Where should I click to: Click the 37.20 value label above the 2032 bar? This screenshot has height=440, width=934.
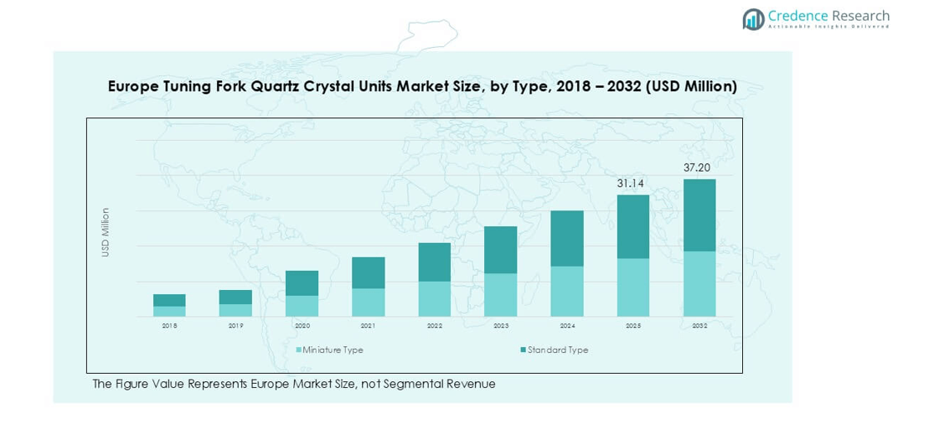pos(699,168)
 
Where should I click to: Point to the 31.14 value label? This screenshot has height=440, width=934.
pos(633,184)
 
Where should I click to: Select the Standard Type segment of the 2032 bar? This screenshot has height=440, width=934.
pos(699,215)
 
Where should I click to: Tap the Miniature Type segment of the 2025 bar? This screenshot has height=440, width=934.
pos(633,287)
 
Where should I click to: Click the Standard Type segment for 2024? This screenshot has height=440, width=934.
pos(567,238)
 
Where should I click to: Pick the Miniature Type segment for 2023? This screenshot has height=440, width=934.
pos(501,294)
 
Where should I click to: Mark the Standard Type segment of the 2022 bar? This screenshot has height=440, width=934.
pos(435,261)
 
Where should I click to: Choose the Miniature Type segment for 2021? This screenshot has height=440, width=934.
pos(369,302)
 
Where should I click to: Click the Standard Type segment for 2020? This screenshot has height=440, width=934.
pos(302,282)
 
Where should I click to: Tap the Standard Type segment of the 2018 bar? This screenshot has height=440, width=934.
pos(169,300)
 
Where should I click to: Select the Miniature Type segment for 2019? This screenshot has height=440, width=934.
pos(235,310)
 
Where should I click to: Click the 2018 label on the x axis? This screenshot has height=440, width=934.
pos(169,326)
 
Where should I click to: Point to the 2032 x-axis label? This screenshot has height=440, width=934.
pos(699,326)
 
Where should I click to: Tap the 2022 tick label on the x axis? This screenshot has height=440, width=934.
pos(435,326)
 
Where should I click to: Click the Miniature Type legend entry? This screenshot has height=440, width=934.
pos(333,350)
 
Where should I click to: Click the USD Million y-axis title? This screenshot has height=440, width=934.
pos(106,232)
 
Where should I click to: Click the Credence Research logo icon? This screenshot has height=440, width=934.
pos(753,19)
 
